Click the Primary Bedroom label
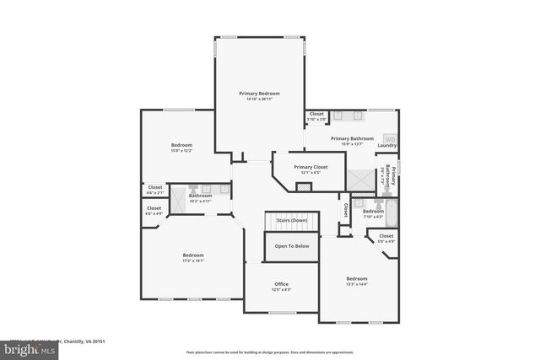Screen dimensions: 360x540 (259, 94)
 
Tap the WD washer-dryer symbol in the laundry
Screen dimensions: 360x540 (391, 139)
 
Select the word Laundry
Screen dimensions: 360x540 (387, 145)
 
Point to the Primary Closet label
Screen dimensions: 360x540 (310, 167)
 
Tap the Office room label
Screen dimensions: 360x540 (282, 284)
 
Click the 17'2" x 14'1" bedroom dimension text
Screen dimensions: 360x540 (193, 261)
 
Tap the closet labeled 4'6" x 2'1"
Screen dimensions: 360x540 (155, 190)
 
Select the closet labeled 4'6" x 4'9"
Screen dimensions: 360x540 (154, 211)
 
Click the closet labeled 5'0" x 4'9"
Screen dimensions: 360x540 (386, 239)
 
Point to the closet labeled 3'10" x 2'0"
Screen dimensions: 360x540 (316, 116)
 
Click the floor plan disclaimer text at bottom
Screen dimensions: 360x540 (270, 352)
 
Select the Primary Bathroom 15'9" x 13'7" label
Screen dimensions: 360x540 (352, 141)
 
